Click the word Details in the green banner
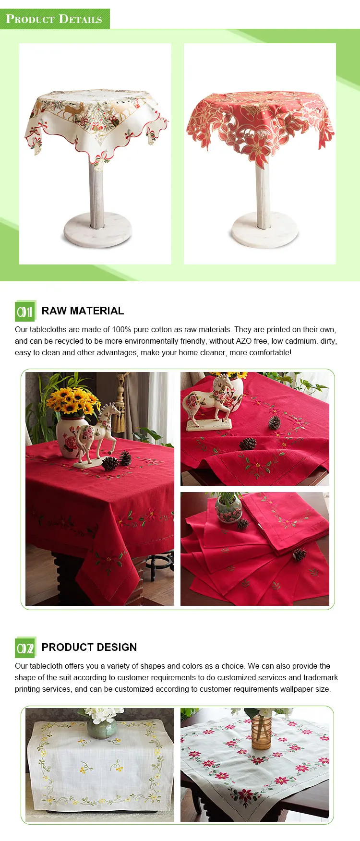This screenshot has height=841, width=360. click(x=80, y=19)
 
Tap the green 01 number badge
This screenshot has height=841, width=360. click(x=25, y=312)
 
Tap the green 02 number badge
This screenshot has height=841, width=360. click(x=25, y=648)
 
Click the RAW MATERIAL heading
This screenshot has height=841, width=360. click(x=83, y=311)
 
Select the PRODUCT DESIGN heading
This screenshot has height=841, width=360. click(x=89, y=648)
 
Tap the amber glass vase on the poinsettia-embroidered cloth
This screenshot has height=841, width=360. click(x=261, y=733)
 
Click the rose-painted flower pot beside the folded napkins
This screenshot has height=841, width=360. click(x=228, y=509)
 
